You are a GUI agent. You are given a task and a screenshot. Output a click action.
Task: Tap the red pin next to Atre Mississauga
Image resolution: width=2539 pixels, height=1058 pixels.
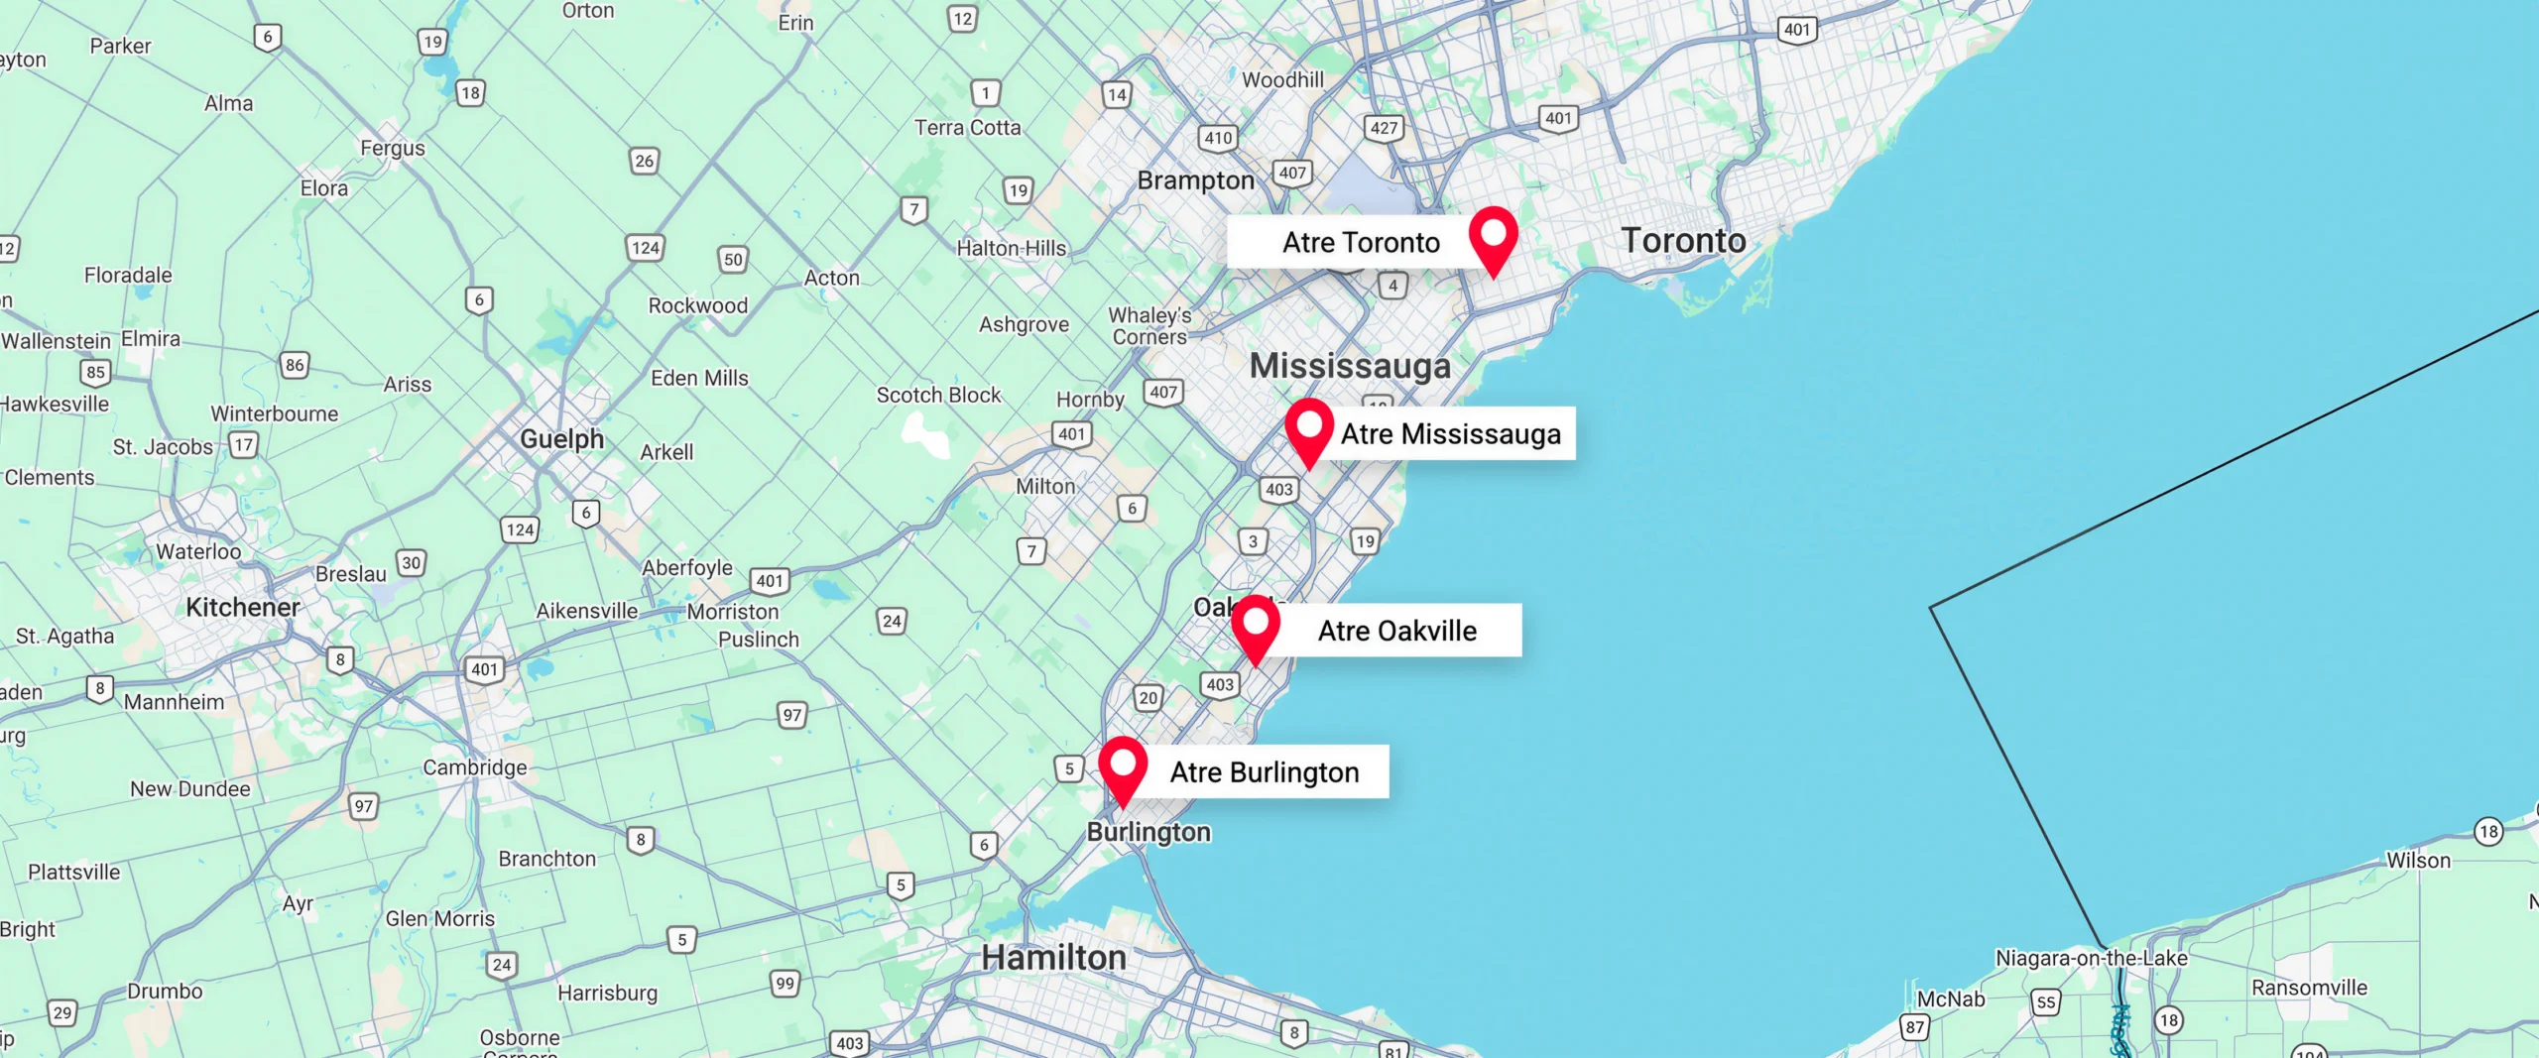(1309, 428)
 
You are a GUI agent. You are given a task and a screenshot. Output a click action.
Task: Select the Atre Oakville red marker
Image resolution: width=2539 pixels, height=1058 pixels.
(1256, 625)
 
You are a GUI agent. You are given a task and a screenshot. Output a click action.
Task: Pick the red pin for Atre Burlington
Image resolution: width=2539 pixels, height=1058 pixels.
(1123, 766)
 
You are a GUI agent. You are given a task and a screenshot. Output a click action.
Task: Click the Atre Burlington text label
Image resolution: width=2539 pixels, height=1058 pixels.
(1265, 772)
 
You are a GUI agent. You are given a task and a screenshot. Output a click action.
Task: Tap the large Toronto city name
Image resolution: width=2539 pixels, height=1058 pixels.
(1683, 241)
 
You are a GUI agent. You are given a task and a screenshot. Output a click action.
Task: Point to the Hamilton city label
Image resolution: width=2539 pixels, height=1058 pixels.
(1053, 958)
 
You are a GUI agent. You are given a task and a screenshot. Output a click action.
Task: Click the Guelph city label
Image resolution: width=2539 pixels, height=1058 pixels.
(561, 438)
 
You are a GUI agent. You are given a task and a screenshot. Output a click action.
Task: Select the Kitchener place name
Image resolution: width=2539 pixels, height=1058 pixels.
(243, 608)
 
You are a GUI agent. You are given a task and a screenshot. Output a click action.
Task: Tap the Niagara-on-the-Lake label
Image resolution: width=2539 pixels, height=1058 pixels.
(2091, 958)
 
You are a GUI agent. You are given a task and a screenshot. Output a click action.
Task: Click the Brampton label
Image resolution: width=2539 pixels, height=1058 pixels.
(1196, 180)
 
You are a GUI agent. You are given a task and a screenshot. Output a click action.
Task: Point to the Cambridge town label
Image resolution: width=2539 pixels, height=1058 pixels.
(475, 767)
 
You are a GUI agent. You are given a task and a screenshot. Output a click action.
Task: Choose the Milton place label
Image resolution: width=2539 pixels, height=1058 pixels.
(1045, 487)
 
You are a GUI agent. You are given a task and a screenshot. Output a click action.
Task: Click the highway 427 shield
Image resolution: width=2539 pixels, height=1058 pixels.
(1384, 128)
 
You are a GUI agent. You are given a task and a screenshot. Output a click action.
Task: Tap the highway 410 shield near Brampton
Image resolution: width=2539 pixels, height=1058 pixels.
(1218, 138)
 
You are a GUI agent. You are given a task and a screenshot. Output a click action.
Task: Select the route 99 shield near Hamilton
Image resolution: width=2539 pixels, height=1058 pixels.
(786, 984)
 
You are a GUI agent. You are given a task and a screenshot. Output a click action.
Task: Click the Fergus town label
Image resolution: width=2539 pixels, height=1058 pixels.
(393, 149)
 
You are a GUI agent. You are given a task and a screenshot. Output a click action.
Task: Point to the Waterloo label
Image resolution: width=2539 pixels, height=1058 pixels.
(198, 552)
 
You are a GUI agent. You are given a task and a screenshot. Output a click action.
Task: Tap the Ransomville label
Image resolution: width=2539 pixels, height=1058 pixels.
(2309, 988)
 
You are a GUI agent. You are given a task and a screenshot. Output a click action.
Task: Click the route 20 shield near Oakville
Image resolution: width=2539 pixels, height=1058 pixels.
(1149, 698)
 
